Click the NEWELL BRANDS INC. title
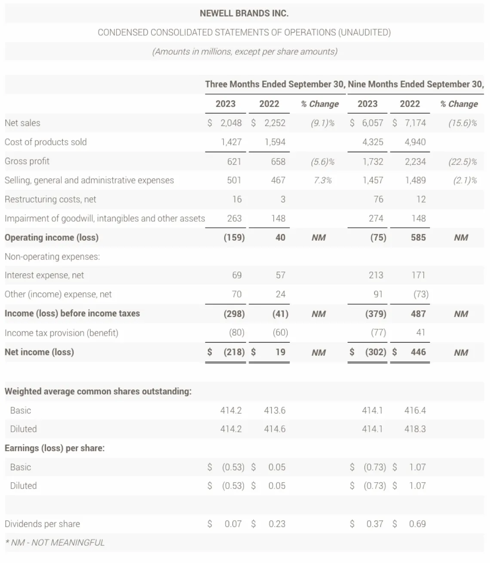(x=244, y=13)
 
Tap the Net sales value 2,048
(x=231, y=123)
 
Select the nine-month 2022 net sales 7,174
(x=415, y=123)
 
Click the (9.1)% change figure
(x=322, y=123)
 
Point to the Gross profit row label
(x=27, y=161)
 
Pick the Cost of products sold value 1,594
(x=275, y=142)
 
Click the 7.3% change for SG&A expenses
(x=322, y=180)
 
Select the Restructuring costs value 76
(x=376, y=199)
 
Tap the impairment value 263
(x=234, y=218)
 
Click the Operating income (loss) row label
(x=52, y=238)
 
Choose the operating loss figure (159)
(x=234, y=238)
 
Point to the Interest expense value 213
(x=376, y=275)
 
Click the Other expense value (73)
(x=421, y=294)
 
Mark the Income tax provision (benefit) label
(x=61, y=333)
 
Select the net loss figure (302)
(x=375, y=352)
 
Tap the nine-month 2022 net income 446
(x=418, y=352)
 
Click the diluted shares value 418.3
(x=415, y=429)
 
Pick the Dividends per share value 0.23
(x=276, y=524)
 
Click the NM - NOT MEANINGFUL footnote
(x=55, y=543)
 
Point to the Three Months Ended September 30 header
(x=275, y=84)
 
